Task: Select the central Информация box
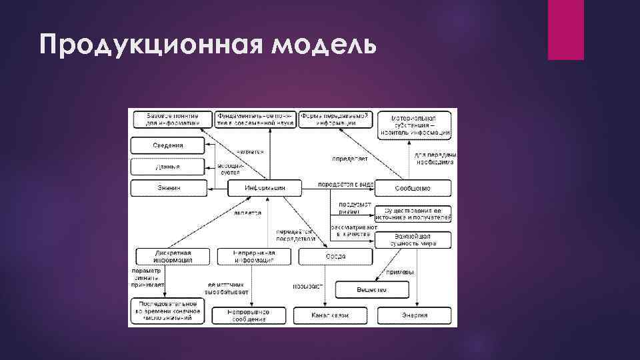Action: pyautogui.click(x=265, y=189)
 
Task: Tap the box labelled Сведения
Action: pyautogui.click(x=167, y=145)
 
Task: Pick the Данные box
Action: pyautogui.click(x=167, y=167)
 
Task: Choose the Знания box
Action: pyautogui.click(x=167, y=189)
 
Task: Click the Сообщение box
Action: pyautogui.click(x=413, y=189)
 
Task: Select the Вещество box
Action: pyautogui.click(x=371, y=290)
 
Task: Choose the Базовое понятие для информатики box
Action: pyautogui.click(x=173, y=119)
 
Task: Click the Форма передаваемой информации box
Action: pyautogui.click(x=335, y=119)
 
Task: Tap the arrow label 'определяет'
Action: pyautogui.click(x=347, y=159)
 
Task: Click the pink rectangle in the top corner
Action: pyautogui.click(x=565, y=30)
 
